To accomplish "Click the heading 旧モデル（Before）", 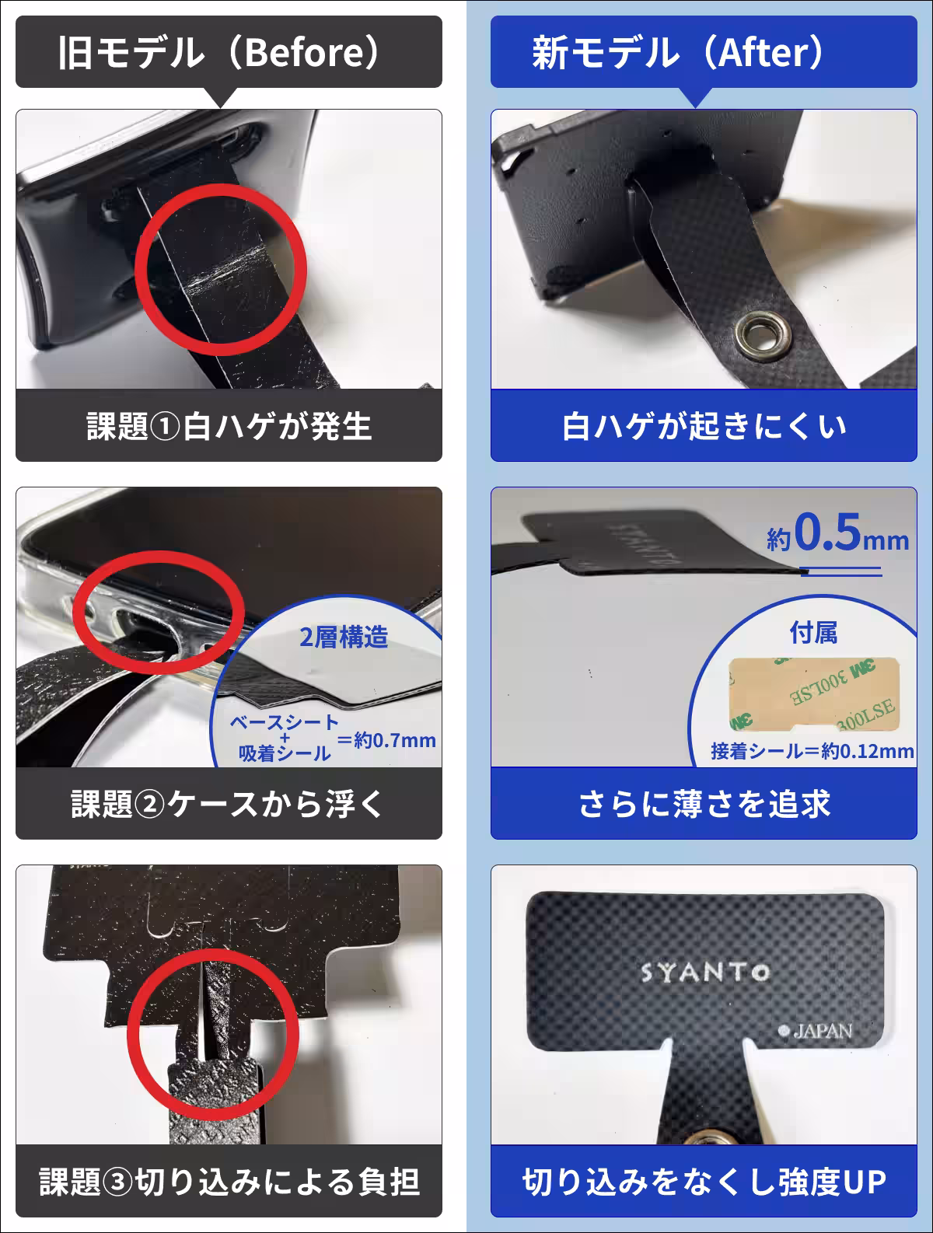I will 229,53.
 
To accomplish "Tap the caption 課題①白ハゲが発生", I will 229,426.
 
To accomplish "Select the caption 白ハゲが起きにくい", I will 704,426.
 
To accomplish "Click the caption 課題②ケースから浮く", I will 229,804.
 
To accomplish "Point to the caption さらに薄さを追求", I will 704,804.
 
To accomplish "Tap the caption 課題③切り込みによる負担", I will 229,1182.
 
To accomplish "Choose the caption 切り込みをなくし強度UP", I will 704,1182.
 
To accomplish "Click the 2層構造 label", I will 343,637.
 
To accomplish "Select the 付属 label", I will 813,633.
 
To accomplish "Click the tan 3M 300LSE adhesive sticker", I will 812,693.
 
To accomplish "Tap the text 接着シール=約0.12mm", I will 812,751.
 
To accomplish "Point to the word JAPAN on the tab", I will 822,1032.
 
